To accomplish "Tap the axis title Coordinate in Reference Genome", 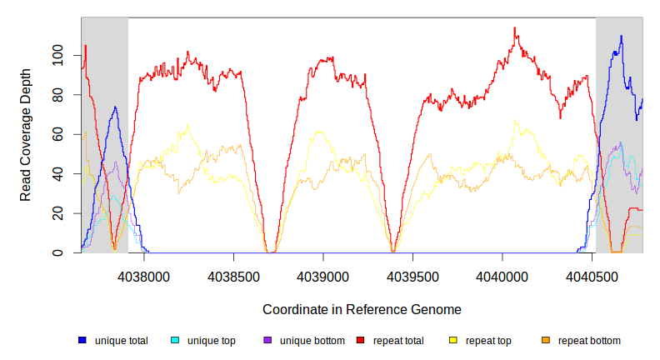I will (x=362, y=309).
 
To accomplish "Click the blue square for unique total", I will (x=82, y=341).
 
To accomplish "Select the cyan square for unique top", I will (x=175, y=341).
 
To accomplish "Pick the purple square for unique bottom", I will (x=267, y=341).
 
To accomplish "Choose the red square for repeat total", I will (x=361, y=341).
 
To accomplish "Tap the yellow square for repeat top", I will (x=453, y=341).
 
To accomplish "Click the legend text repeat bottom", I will (x=589, y=341).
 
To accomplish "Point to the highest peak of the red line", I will (x=515, y=28).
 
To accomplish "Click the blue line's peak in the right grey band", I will (x=621, y=36).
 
